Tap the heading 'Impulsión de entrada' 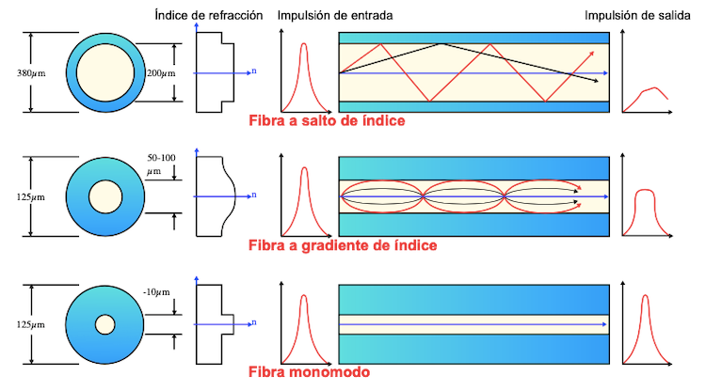(x=335, y=16)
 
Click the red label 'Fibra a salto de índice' (x=327, y=121)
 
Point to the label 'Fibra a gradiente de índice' (x=342, y=246)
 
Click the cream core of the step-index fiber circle (x=104, y=71)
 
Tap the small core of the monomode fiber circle (x=104, y=324)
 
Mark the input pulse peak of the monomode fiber (x=304, y=299)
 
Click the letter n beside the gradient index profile (x=253, y=195)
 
